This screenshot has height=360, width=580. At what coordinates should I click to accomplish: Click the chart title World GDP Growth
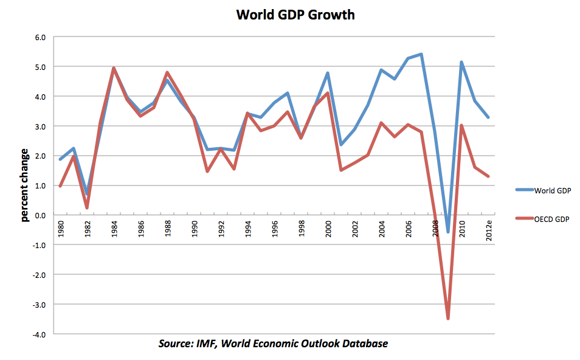point(295,15)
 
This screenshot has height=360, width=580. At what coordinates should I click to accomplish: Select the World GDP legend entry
point(553,191)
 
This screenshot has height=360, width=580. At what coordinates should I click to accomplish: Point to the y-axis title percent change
point(25,185)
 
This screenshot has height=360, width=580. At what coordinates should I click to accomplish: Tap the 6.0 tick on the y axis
point(40,37)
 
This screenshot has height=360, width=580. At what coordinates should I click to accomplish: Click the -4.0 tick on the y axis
point(39,334)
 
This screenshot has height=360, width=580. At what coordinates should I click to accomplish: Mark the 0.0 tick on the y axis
point(40,215)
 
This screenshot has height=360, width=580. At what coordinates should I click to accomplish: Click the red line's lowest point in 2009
point(448,318)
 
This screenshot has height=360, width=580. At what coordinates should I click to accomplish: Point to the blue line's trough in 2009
point(448,232)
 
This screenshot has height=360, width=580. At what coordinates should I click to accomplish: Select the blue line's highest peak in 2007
point(421,54)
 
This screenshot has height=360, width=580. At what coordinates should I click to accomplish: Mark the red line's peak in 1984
point(114,68)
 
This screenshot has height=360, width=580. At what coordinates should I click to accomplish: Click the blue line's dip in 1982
point(87,193)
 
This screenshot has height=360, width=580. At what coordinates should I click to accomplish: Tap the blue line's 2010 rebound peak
point(461,62)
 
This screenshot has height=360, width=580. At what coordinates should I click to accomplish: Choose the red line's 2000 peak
point(328,93)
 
